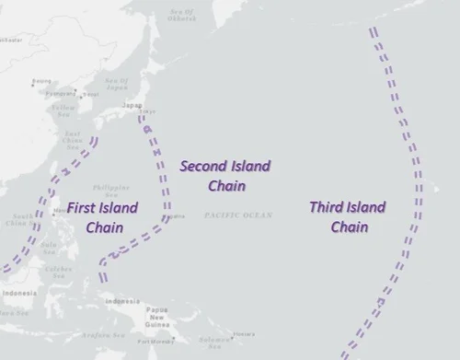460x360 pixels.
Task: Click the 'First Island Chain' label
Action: coord(102,217)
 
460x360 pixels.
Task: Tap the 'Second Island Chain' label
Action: coord(224,175)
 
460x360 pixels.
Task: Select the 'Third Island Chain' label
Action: coord(347,216)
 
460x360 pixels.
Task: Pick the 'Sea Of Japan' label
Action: coord(117,85)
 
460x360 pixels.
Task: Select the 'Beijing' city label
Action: coord(41,81)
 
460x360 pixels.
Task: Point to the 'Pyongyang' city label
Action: coord(62,93)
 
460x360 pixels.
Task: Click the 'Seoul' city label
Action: coord(89,94)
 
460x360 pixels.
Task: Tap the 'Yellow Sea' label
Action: coord(63,111)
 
